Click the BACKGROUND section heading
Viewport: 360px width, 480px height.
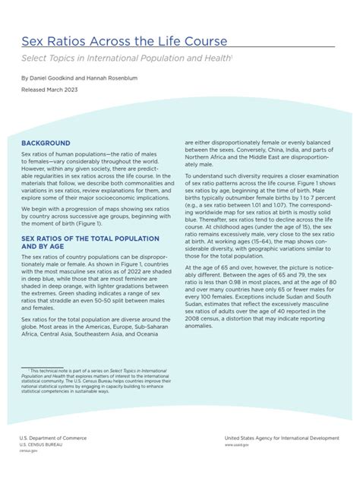point(46,143)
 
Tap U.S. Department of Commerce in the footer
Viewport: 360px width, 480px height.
point(52,438)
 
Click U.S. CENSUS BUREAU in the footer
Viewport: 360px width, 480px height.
point(40,444)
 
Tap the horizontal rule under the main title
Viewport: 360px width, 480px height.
point(178,48)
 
